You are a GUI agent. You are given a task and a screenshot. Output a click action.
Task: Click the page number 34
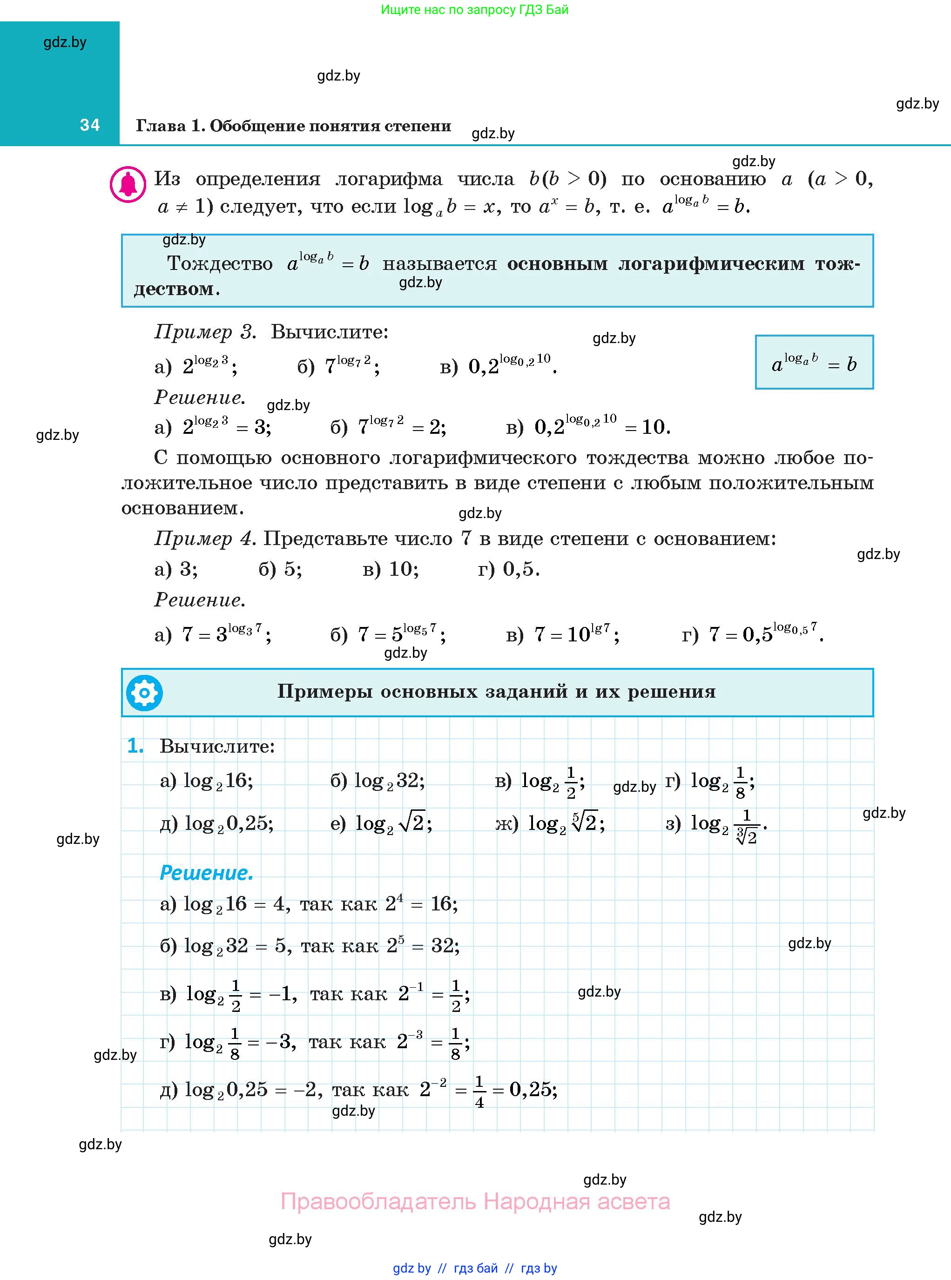tap(90, 125)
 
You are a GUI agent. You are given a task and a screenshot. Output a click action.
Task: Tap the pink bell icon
tap(128, 184)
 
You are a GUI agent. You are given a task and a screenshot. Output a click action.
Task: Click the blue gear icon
tap(144, 693)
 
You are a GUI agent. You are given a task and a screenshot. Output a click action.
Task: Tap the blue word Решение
tap(206, 873)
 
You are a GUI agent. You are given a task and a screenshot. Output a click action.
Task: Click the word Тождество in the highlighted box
tap(220, 263)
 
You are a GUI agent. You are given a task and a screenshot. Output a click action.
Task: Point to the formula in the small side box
tap(814, 363)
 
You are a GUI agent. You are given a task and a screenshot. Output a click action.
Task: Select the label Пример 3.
tap(205, 332)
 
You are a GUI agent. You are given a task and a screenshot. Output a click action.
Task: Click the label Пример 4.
tap(205, 539)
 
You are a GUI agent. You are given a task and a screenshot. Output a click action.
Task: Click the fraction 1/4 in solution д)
tap(479, 1092)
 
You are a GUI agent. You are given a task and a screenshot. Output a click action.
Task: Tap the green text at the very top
tap(475, 10)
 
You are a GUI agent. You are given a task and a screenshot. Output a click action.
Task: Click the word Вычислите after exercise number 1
tap(216, 747)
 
